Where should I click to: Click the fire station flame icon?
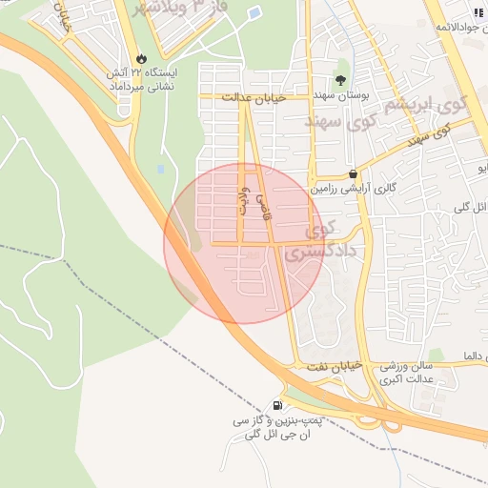tap(141, 57)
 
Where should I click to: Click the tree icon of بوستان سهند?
tap(341, 80)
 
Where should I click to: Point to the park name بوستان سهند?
tap(340, 97)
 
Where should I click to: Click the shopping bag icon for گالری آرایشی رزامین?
tap(354, 174)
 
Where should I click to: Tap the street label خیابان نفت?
tap(331, 367)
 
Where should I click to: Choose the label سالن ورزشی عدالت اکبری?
tap(405, 373)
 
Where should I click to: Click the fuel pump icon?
tap(277, 405)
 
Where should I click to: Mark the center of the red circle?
tap(244, 244)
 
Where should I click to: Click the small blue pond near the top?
tap(254, 14)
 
